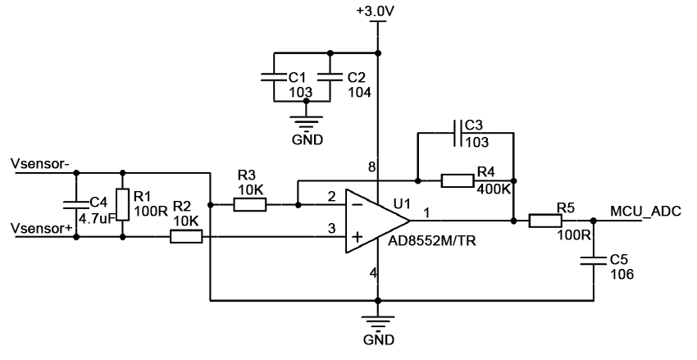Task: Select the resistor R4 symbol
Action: [x=458, y=180]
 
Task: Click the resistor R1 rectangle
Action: [x=122, y=204]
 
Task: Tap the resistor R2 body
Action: [x=186, y=237]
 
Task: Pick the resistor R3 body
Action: [x=249, y=204]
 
